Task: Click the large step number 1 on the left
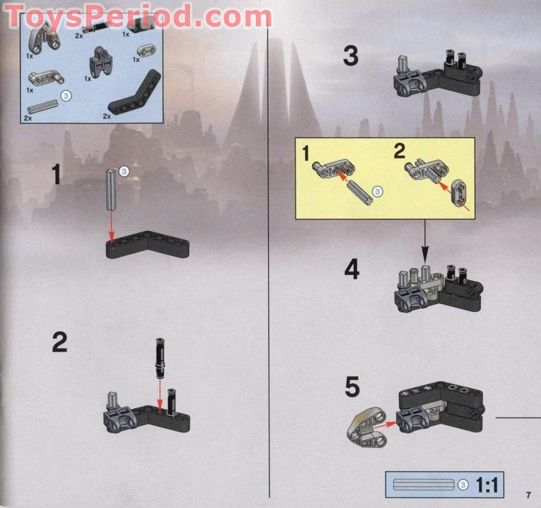pos(56,174)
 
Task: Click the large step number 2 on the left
pos(59,342)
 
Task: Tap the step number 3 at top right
pos(350,56)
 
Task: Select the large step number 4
pos(352,269)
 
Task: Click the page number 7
pos(528,495)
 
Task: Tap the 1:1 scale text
pos(487,485)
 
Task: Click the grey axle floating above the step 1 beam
pos(111,190)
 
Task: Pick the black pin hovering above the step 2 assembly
pos(160,358)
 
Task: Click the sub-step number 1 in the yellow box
pos(306,154)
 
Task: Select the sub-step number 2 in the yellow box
pos(400,152)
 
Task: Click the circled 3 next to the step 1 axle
pos(123,171)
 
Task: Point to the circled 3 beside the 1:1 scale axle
pos(463,485)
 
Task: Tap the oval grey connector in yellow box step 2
pos(459,193)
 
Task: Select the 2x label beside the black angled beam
pos(106,117)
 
